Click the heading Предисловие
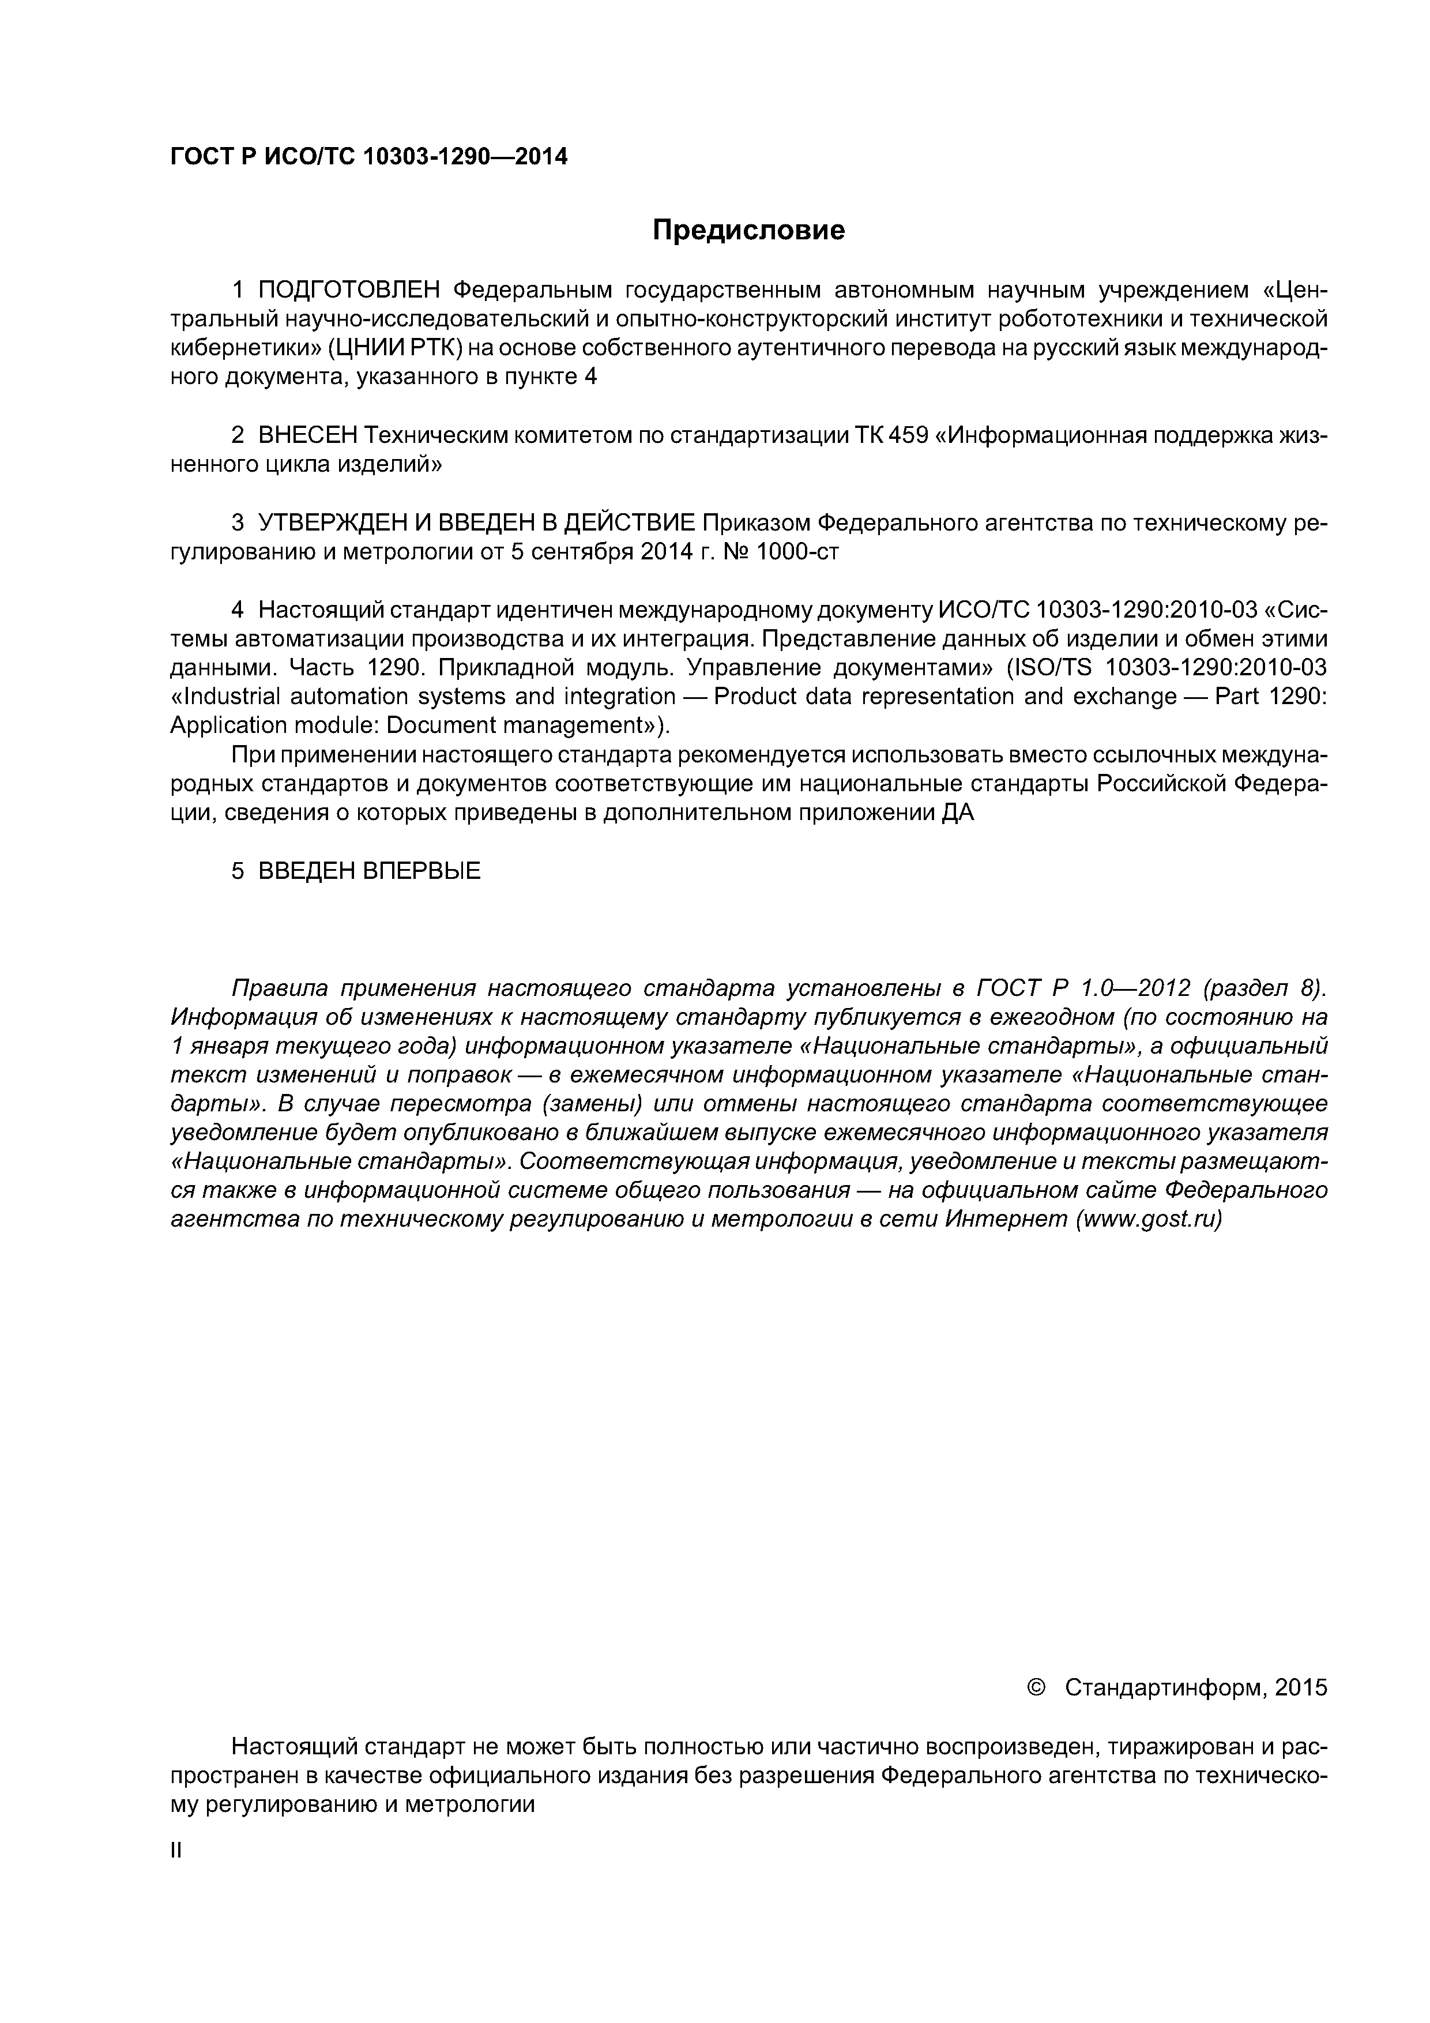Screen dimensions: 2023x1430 click(748, 231)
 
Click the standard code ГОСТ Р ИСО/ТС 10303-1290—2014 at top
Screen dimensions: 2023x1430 click(368, 157)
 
